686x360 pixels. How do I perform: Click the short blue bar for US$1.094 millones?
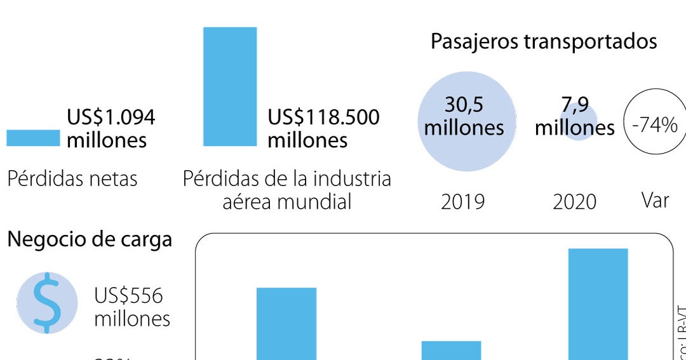point(33,138)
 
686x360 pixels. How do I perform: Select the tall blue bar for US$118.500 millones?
point(230,86)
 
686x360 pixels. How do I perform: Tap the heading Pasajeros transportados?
point(543,41)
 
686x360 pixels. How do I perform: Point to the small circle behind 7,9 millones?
point(579,121)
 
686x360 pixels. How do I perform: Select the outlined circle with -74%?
point(655,123)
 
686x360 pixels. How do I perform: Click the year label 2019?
point(462,202)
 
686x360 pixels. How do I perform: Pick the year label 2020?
point(574,202)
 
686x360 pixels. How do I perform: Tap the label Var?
point(655,201)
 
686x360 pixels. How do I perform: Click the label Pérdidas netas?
point(72,179)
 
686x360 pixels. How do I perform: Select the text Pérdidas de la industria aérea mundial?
point(286,190)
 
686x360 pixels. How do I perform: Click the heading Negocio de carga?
point(90,239)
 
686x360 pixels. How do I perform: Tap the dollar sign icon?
point(47,303)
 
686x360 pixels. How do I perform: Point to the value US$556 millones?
point(132,307)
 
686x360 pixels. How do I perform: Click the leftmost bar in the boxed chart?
point(286,323)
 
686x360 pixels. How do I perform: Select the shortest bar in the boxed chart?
point(451,350)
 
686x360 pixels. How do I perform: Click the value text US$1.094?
point(111,117)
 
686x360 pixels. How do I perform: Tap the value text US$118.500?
point(323,117)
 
